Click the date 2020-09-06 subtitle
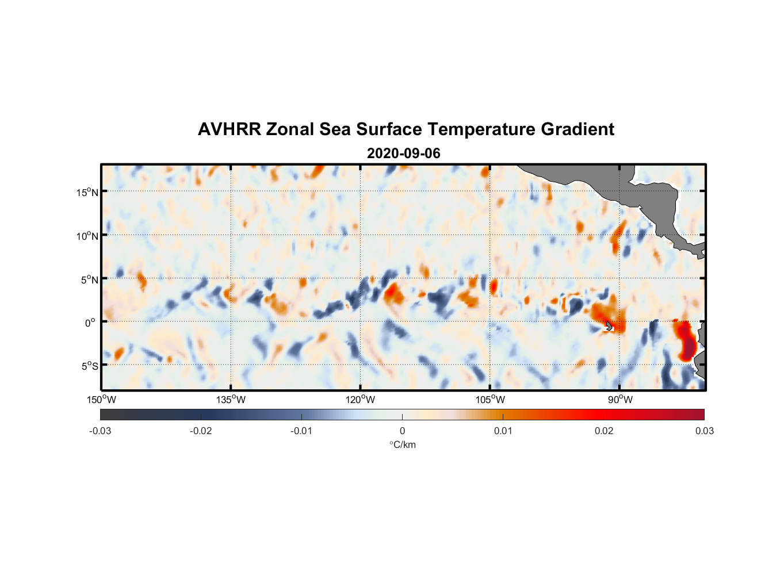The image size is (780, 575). point(403,154)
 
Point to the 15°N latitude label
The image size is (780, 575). point(87,192)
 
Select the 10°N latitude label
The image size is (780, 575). point(87,236)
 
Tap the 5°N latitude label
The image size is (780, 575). point(89,279)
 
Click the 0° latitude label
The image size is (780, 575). point(90,323)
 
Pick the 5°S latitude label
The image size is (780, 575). point(89,366)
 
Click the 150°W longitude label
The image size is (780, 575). point(101,400)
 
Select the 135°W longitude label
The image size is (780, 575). point(231,400)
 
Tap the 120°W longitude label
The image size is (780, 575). point(360,400)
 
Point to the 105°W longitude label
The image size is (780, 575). point(490,400)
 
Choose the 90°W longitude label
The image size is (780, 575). point(620,400)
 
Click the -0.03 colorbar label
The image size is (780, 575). point(100,431)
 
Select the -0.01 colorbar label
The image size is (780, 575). point(301,431)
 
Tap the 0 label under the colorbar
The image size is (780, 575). point(402,431)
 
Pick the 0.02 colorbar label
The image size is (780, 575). point(604,431)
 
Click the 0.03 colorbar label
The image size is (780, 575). point(704,431)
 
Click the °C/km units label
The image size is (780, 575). point(402,444)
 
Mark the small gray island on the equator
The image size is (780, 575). point(610,326)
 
